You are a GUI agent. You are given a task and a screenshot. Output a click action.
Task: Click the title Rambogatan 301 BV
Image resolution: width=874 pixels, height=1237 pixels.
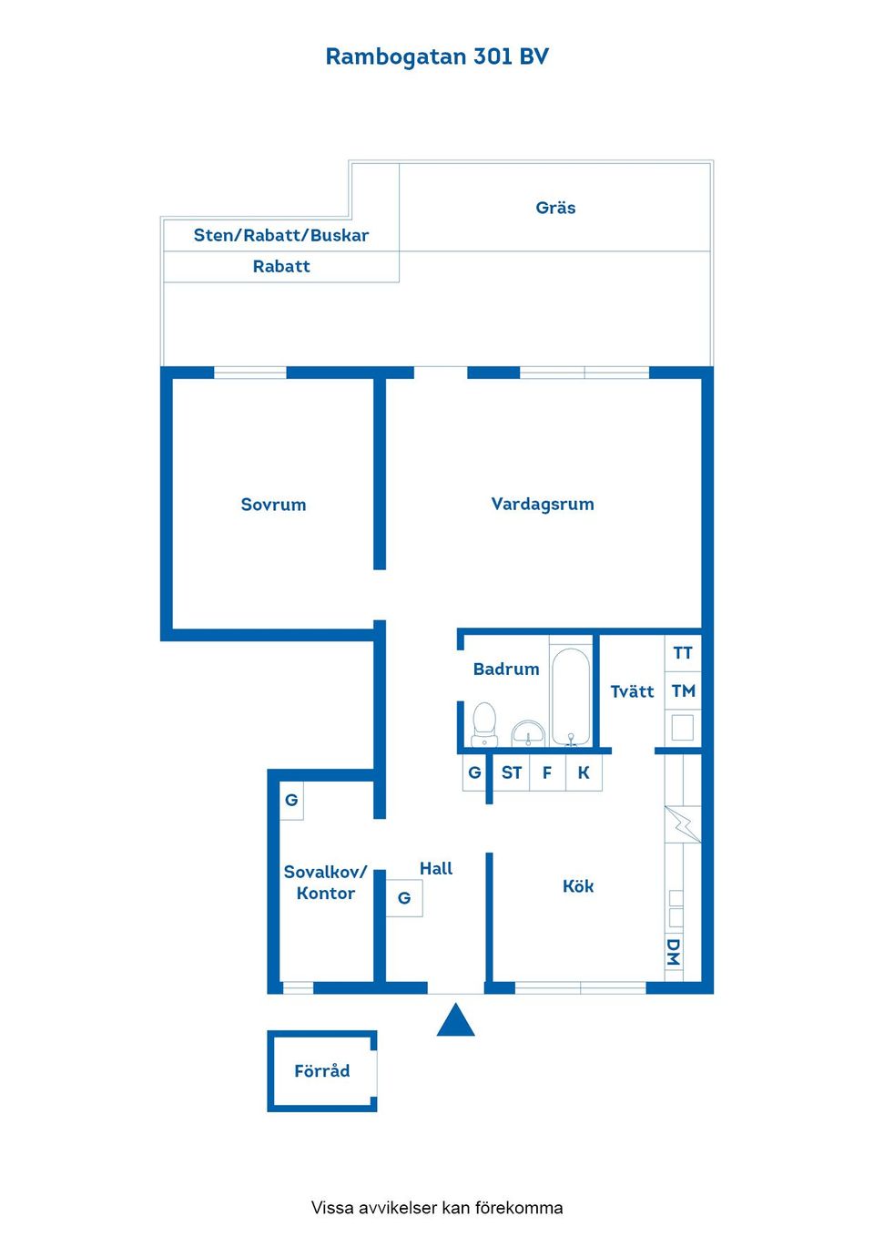coord(436,56)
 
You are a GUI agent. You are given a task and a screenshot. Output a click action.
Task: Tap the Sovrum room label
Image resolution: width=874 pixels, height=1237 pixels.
coord(273,505)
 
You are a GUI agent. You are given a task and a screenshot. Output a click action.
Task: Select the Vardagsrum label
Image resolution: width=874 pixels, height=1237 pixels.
coord(543,505)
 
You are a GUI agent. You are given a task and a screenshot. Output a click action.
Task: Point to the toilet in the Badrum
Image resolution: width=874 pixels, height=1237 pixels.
coord(484,724)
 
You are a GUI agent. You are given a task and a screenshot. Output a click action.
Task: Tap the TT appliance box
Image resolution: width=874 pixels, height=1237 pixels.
coord(683,653)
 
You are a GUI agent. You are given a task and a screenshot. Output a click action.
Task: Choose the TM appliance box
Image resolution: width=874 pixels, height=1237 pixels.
coord(683,690)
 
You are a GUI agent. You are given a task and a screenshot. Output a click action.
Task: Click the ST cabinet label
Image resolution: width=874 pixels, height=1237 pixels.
coord(512,772)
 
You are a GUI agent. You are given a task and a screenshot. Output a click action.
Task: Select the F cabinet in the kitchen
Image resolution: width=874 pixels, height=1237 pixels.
coord(547,772)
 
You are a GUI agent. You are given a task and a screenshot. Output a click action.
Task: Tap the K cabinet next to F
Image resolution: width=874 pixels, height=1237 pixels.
coord(584,772)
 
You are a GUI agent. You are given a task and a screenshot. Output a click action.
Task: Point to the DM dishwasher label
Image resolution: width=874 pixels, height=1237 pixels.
coord(673,952)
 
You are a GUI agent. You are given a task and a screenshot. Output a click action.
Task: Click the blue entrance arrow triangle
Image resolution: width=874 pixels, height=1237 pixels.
coord(456,1020)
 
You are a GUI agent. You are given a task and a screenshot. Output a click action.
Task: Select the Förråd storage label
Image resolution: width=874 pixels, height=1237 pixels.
coord(321,1071)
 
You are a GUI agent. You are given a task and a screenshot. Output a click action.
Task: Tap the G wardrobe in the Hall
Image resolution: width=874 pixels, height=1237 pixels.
coord(404,898)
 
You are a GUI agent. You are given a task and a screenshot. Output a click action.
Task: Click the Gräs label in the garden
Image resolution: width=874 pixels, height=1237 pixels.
coord(555,208)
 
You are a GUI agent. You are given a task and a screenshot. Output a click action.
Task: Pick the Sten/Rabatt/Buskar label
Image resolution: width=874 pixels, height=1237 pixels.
coord(280,235)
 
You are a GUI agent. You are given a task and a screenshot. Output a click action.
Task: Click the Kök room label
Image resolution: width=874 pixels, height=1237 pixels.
coord(578,886)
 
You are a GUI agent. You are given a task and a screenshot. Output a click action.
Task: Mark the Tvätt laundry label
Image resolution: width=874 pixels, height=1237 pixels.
coord(632,691)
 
